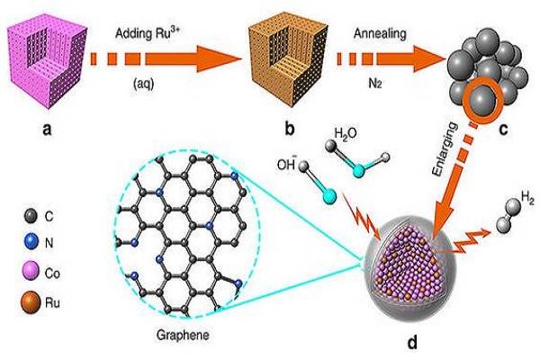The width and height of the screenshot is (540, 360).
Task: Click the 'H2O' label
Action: pyautogui.click(x=346, y=136)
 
